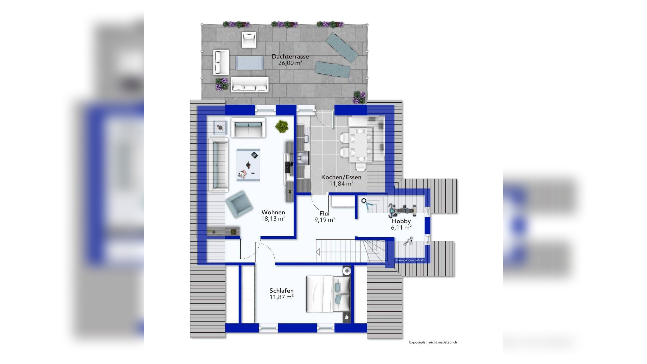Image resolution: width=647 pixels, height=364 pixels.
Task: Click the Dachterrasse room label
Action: click(290, 57)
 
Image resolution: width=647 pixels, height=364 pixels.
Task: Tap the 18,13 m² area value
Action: click(273, 219)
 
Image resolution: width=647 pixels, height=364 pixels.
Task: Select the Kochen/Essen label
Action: click(341, 177)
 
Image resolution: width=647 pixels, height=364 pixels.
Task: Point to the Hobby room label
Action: click(401, 221)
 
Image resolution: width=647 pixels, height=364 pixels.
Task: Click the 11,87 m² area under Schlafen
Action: click(281, 297)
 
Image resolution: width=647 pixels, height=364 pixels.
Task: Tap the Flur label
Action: click(325, 213)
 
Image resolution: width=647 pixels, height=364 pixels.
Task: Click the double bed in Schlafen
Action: click(328, 294)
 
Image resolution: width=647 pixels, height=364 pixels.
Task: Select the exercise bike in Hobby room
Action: click(402, 210)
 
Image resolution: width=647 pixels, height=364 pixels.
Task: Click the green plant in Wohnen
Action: click(282, 126)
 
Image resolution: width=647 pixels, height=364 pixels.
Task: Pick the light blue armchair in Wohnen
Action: click(239, 204)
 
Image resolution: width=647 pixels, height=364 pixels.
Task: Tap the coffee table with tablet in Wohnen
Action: click(248, 165)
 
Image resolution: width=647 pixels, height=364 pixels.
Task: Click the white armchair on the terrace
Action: click(249, 40)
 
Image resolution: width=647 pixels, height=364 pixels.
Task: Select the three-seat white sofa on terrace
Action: click(249, 85)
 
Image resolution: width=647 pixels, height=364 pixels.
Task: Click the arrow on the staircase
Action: click(318, 252)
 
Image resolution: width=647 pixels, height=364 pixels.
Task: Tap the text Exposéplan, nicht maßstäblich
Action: click(433, 342)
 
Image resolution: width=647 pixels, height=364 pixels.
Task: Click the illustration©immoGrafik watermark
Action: click(410, 260)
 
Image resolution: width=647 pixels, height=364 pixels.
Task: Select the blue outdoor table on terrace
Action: click(249, 63)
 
